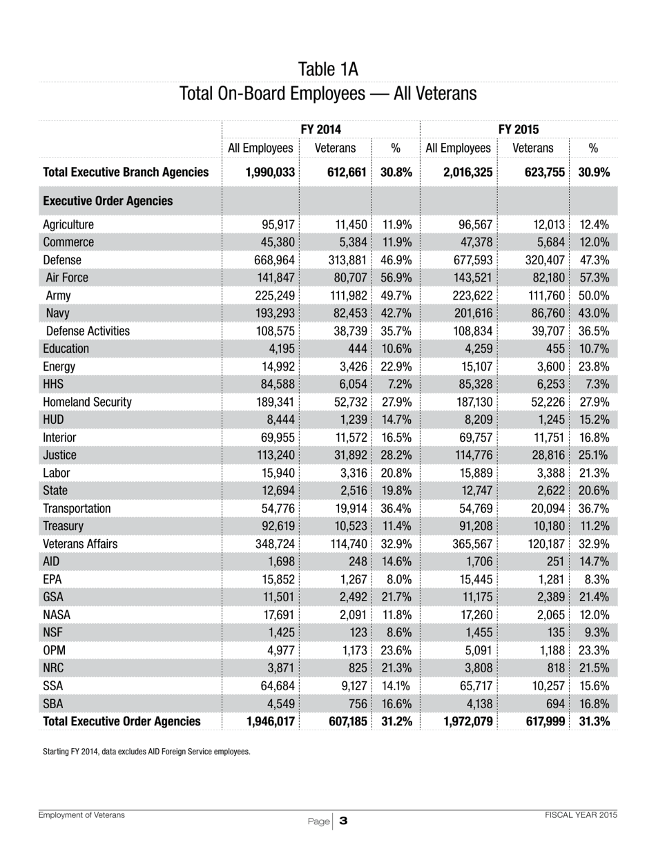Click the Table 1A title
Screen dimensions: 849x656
(327, 69)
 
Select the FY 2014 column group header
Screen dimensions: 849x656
(321, 129)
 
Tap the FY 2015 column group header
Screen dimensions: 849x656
(519, 129)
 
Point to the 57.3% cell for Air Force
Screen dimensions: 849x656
(595, 278)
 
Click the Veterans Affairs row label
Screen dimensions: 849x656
(79, 543)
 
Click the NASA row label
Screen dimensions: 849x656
(57, 614)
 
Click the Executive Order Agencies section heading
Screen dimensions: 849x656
(108, 201)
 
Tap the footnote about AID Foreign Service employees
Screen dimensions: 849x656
(146, 750)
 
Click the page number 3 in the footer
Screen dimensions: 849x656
(343, 821)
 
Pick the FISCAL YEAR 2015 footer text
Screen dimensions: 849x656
(581, 815)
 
